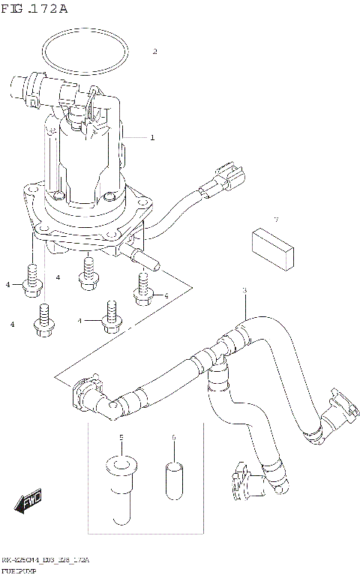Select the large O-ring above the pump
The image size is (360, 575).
(84, 36)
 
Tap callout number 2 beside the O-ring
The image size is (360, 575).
(154, 52)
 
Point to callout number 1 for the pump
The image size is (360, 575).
(152, 138)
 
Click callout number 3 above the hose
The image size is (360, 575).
(244, 290)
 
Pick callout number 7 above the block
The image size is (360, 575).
(275, 220)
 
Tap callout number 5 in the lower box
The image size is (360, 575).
(119, 437)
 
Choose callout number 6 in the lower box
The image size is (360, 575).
(173, 437)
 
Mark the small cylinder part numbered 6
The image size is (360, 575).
(173, 479)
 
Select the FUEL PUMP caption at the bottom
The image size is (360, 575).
(22, 570)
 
